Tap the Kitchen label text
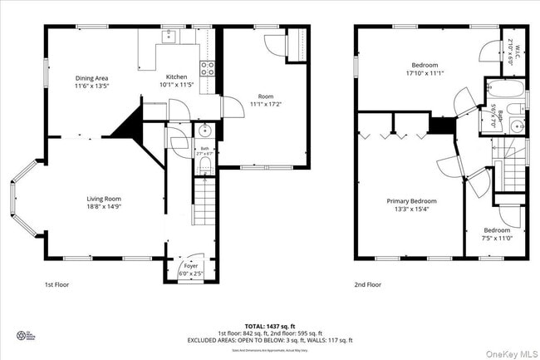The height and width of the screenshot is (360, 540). click(176, 77)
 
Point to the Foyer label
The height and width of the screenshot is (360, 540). click(190, 266)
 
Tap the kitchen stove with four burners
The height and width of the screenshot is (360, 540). click(207, 68)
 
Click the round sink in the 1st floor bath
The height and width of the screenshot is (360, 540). click(205, 131)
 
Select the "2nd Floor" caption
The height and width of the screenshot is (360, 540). click(368, 284)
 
